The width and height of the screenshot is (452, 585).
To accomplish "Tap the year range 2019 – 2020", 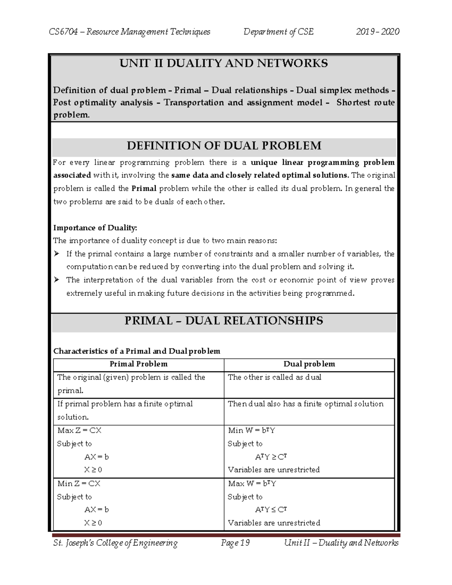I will tap(377, 32).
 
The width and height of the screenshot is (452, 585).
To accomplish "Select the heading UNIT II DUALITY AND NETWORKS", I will tap(224, 63).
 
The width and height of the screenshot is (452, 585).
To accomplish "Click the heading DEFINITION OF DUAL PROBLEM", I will tap(224, 145).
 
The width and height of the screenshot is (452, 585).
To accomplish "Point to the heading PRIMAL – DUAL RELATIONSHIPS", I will tap(224, 321).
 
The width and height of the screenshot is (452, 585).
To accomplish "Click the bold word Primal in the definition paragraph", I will tap(144, 188).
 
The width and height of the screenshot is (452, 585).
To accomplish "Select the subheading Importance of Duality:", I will tap(95, 228).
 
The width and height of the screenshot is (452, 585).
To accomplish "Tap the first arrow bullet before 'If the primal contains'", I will tap(57, 254).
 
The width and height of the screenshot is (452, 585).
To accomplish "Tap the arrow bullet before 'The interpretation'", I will tap(57, 280).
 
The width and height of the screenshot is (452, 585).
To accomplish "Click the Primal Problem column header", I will tap(138, 364).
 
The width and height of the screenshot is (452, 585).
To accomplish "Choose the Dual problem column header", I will tap(309, 364).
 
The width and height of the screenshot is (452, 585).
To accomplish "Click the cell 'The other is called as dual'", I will tap(274, 377).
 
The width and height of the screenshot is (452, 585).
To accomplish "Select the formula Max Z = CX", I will tap(79, 430).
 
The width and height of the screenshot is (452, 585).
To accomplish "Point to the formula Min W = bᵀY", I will tap(252, 430).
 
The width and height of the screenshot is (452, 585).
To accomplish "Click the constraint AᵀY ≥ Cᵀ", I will tap(271, 457).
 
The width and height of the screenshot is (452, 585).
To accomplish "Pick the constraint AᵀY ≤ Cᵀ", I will tap(271, 510).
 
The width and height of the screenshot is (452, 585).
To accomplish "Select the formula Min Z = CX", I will tap(79, 483).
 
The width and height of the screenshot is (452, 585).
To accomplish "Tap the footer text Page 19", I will tap(235, 543).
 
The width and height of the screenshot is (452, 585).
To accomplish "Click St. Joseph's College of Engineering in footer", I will tap(115, 543).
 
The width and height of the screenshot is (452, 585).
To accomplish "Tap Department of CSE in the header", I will tap(278, 32).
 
